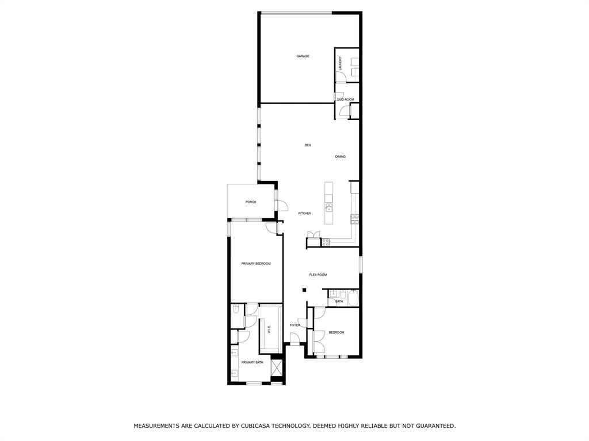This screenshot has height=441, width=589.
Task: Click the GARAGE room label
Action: coord(303,56)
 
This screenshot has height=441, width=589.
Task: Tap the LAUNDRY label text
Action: coord(341,63)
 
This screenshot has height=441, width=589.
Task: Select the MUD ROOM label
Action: coord(346,100)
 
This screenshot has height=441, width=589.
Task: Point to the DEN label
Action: coord(308,145)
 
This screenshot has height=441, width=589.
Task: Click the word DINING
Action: coord(341,157)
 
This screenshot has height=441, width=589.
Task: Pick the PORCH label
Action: coord(250,202)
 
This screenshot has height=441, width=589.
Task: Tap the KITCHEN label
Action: coord(304,214)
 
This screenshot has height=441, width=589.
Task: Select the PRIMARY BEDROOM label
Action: coord(256,264)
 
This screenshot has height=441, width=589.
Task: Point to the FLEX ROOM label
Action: coord(318,275)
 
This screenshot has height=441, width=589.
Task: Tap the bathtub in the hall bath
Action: coord(352,298)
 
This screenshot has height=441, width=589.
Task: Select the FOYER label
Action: coord(295,326)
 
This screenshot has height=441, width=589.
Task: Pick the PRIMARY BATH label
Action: coord(252,362)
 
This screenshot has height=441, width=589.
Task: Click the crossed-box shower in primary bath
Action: coord(277,367)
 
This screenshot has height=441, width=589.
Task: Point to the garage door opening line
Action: coord(296,13)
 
